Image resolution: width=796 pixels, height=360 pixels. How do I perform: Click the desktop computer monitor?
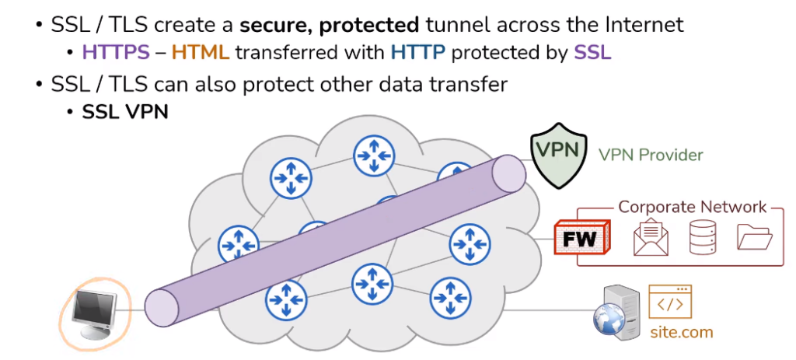pyautogui.click(x=94, y=314)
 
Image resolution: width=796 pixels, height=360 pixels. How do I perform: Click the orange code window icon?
pyautogui.click(x=670, y=304)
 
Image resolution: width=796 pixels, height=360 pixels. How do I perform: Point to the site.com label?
pyautogui.click(x=681, y=333)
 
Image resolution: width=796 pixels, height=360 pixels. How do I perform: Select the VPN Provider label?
pyautogui.click(x=651, y=155)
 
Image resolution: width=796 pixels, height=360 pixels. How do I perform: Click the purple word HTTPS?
pyautogui.click(x=116, y=53)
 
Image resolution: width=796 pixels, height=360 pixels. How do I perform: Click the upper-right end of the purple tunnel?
pyautogui.click(x=510, y=173)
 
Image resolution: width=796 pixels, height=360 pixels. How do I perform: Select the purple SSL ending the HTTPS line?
pyautogui.click(x=592, y=53)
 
